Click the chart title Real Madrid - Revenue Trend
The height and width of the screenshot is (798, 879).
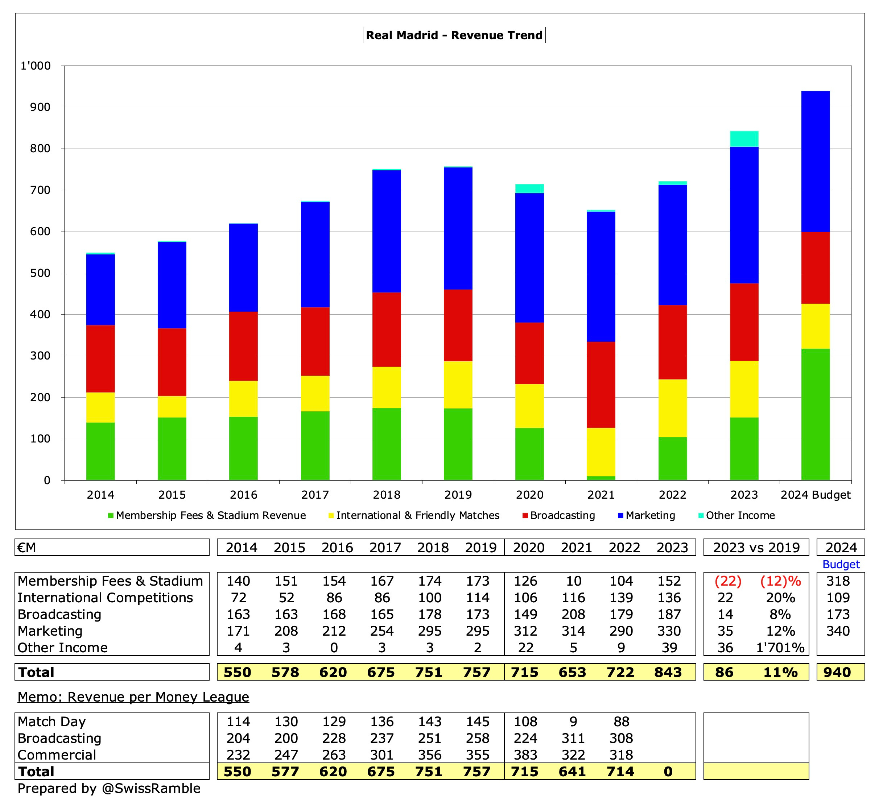[454, 35]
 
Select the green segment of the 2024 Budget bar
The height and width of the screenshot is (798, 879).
[815, 414]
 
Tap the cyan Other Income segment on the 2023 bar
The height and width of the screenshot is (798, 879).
[744, 138]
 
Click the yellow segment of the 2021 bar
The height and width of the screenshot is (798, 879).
[601, 452]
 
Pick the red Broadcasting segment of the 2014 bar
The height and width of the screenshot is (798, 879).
[101, 358]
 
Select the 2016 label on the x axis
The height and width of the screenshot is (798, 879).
[243, 495]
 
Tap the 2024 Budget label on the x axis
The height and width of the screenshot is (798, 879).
[815, 495]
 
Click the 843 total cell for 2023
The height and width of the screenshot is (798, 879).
[668, 672]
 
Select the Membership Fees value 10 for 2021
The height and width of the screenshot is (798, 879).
[573, 581]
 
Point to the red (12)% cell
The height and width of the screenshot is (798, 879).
[780, 581]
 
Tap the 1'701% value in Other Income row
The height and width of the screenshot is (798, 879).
[780, 647]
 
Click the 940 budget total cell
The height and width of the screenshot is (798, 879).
[837, 672]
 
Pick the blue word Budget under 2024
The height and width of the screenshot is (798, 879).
[841, 564]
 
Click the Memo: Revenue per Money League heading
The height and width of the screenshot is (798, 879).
[133, 697]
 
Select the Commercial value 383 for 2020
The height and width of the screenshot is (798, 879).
[525, 755]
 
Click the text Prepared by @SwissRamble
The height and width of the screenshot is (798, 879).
[109, 788]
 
